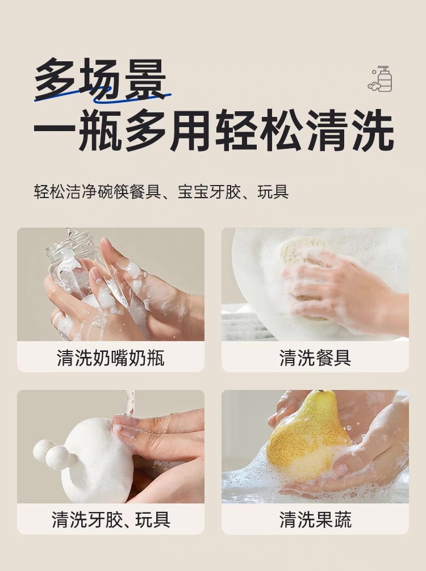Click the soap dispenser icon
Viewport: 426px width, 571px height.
click(380, 79)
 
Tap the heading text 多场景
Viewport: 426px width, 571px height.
click(101, 79)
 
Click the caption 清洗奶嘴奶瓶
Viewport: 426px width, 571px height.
click(111, 358)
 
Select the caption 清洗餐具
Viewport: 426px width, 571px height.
click(315, 358)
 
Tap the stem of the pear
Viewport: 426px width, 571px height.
click(321, 391)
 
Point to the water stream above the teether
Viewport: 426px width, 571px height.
click(128, 404)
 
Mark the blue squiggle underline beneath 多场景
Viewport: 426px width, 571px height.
click(102, 95)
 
